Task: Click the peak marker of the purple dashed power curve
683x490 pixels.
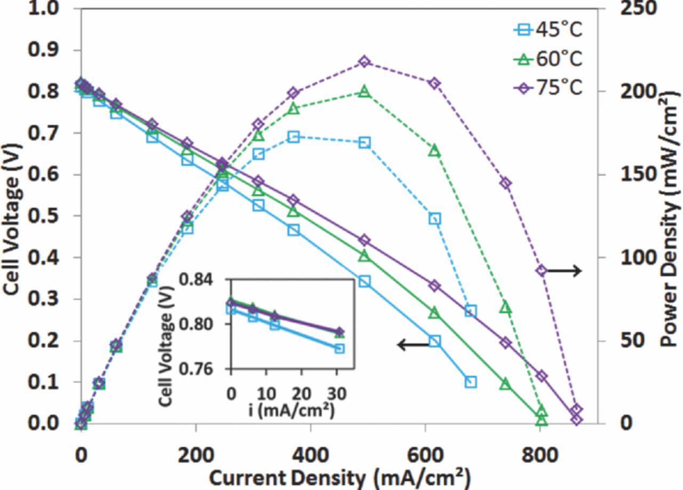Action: coord(364,62)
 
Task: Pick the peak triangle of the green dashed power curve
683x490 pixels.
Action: coord(364,91)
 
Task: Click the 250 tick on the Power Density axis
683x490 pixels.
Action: coord(627,9)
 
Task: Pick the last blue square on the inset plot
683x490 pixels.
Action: coord(339,349)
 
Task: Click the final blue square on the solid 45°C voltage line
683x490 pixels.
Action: coord(470,382)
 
